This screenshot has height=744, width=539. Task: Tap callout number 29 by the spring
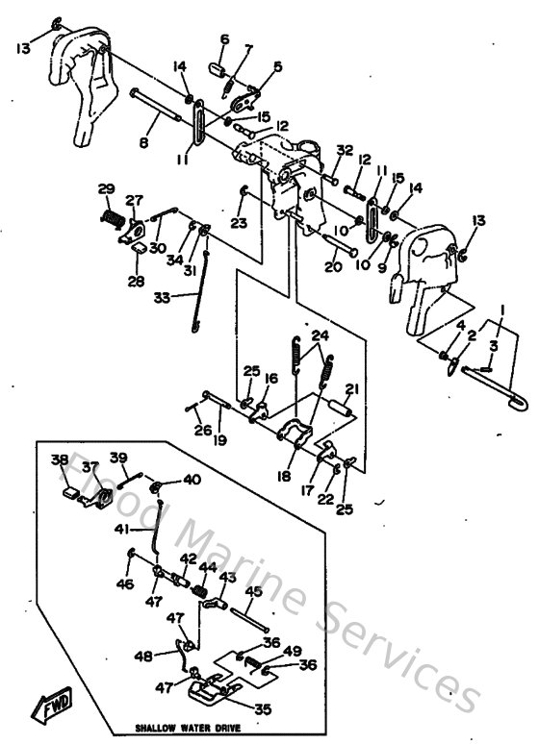click(106, 188)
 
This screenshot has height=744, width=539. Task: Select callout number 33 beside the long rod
click(163, 298)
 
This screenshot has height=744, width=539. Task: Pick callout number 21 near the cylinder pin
click(351, 389)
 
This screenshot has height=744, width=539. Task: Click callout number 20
click(333, 267)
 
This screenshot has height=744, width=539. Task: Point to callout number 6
click(225, 39)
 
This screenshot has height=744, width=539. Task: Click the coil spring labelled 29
click(115, 219)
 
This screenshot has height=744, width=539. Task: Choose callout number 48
click(143, 657)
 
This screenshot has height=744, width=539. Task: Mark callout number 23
click(239, 223)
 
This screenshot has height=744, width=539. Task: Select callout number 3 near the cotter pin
click(493, 345)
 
